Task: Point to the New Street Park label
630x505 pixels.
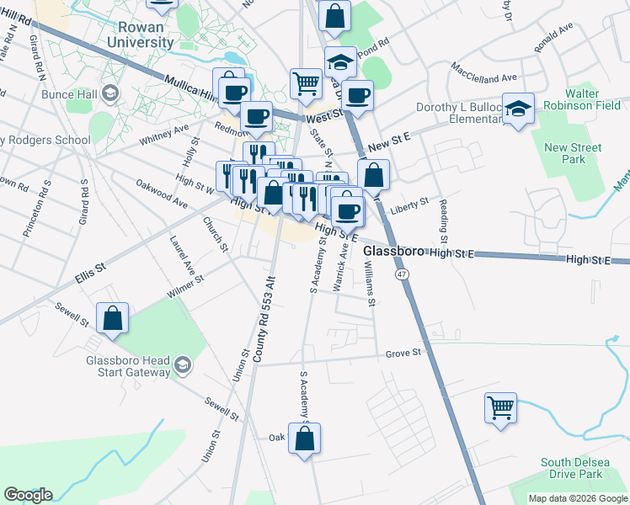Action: click(573, 153)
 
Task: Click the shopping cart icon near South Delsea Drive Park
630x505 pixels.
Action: click(500, 408)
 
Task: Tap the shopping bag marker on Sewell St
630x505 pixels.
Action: click(112, 318)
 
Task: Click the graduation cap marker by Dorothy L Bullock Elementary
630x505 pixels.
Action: click(519, 109)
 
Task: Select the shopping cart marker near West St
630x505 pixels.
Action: click(306, 82)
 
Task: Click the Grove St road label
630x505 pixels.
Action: click(403, 353)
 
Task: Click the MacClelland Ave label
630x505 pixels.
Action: click(483, 72)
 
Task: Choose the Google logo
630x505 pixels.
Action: click(28, 495)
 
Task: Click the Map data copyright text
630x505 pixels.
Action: click(577, 498)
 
